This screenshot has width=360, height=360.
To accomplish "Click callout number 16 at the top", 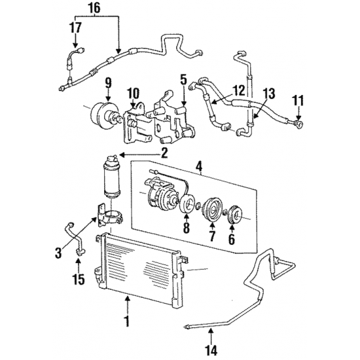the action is point(95,9).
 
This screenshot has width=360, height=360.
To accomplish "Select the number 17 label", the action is point(75,27).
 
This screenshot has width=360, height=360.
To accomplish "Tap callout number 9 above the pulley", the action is point(108,83).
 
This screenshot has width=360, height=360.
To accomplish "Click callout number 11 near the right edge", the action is point(298,101).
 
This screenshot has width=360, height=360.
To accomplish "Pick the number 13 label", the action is point(269,94).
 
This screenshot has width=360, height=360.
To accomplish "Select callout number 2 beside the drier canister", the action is point(164,154).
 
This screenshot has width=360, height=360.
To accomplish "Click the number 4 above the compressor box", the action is point(200,166).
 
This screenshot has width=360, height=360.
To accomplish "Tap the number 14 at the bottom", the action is point(211,351).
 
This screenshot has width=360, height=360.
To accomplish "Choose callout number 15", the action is point(79,279).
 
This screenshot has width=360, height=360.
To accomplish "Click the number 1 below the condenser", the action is point(126,321).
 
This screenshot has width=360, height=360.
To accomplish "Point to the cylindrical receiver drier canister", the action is point(113,177).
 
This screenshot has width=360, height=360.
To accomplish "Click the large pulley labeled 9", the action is point(105,116).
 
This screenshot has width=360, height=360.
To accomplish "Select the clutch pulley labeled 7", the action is point(211,209).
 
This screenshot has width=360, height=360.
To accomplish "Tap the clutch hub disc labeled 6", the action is point(234,214).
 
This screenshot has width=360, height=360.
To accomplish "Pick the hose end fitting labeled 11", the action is point(298,124).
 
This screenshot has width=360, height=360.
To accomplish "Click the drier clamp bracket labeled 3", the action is point(109,215).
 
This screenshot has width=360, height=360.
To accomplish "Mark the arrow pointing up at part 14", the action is point(211,336).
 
